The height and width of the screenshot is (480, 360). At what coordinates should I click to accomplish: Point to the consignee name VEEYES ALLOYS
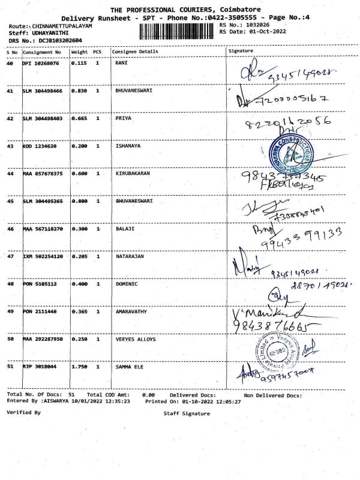(135, 339)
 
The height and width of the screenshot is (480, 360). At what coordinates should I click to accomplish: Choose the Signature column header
(241, 52)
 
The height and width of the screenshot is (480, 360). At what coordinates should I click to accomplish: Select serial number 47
(10, 256)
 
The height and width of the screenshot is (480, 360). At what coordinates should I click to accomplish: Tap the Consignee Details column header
(136, 52)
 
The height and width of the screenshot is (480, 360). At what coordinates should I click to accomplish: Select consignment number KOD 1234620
(40, 146)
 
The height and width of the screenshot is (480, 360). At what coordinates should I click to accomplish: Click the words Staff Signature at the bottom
(187, 413)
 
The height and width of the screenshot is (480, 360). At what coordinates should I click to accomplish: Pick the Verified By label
(23, 413)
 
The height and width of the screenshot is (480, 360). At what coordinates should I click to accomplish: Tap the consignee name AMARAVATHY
(133, 311)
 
